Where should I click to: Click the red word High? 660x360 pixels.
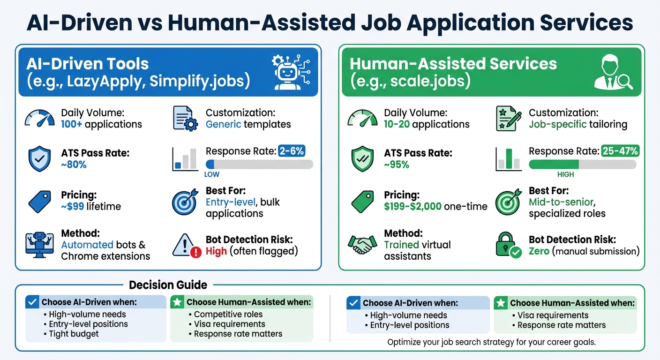click(x=216, y=251)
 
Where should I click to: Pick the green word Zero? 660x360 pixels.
click(x=539, y=251)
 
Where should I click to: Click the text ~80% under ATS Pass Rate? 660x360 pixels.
click(x=74, y=165)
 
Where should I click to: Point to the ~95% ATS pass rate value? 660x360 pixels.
click(x=397, y=165)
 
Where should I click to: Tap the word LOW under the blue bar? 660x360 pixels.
click(x=211, y=174)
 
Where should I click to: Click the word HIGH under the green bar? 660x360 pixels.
click(x=565, y=174)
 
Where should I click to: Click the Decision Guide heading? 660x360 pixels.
click(x=168, y=285)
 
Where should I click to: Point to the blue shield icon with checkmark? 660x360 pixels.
click(x=40, y=158)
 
